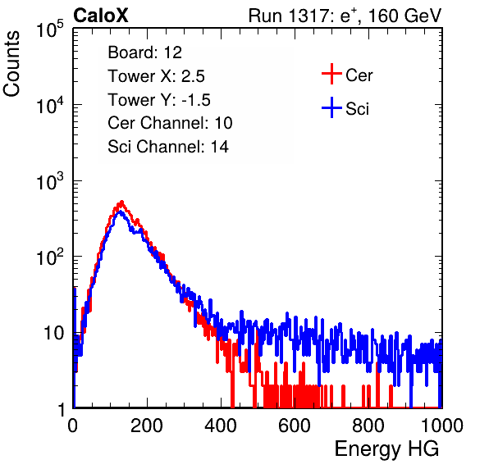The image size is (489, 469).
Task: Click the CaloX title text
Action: [101, 16]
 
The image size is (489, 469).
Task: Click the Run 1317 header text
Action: [345, 16]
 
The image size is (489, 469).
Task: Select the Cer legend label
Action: [359, 75]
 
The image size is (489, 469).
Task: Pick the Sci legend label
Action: [357, 109]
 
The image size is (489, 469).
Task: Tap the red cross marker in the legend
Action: [331, 74]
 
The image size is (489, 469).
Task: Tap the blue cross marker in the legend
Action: [331, 107]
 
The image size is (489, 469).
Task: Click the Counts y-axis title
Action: [11, 64]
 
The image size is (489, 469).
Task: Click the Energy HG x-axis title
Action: [386, 449]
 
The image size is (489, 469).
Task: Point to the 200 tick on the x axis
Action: [147, 426]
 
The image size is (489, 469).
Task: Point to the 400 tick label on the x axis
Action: [221, 426]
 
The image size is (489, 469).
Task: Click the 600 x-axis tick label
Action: [295, 426]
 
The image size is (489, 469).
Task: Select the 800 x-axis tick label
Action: [368, 426]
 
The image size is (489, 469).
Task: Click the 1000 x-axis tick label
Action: [442, 426]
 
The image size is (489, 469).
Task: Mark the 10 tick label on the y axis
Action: [53, 333]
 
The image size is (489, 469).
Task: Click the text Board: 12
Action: [144, 52]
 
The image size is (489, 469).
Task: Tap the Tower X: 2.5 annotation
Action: [156, 76]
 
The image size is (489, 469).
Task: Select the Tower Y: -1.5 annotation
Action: [159, 100]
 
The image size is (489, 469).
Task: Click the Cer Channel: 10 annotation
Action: [170, 123]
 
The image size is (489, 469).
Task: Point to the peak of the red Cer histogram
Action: [121, 203]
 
